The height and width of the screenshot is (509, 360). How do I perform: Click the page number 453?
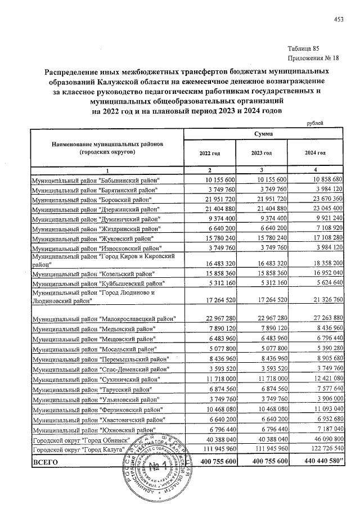(338, 20)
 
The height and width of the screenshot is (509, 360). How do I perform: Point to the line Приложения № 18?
(313, 58)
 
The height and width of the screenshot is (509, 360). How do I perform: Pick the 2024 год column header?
(315, 153)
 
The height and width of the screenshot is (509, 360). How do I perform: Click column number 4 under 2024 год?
(315, 170)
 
